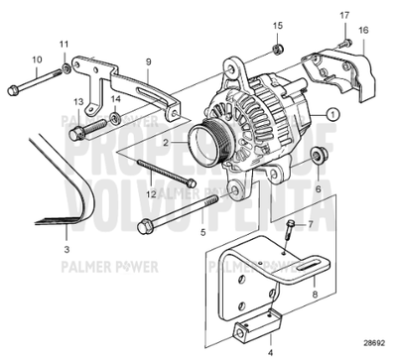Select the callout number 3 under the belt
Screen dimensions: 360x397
coord(66,236)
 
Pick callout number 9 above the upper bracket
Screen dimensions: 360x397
coord(148,61)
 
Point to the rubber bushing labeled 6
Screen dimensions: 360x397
coord(319,157)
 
